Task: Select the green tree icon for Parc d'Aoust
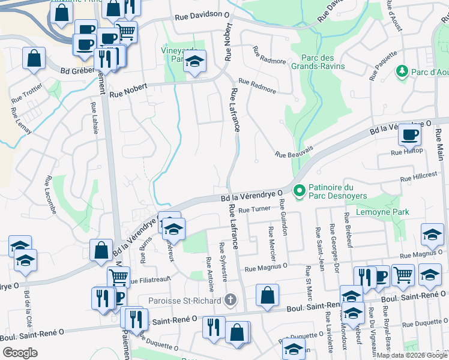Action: point(402,72)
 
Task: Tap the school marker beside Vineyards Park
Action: point(194,61)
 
